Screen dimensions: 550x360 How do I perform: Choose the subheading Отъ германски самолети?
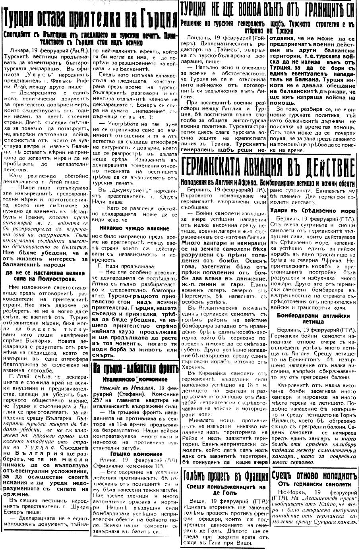pos(313,484)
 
